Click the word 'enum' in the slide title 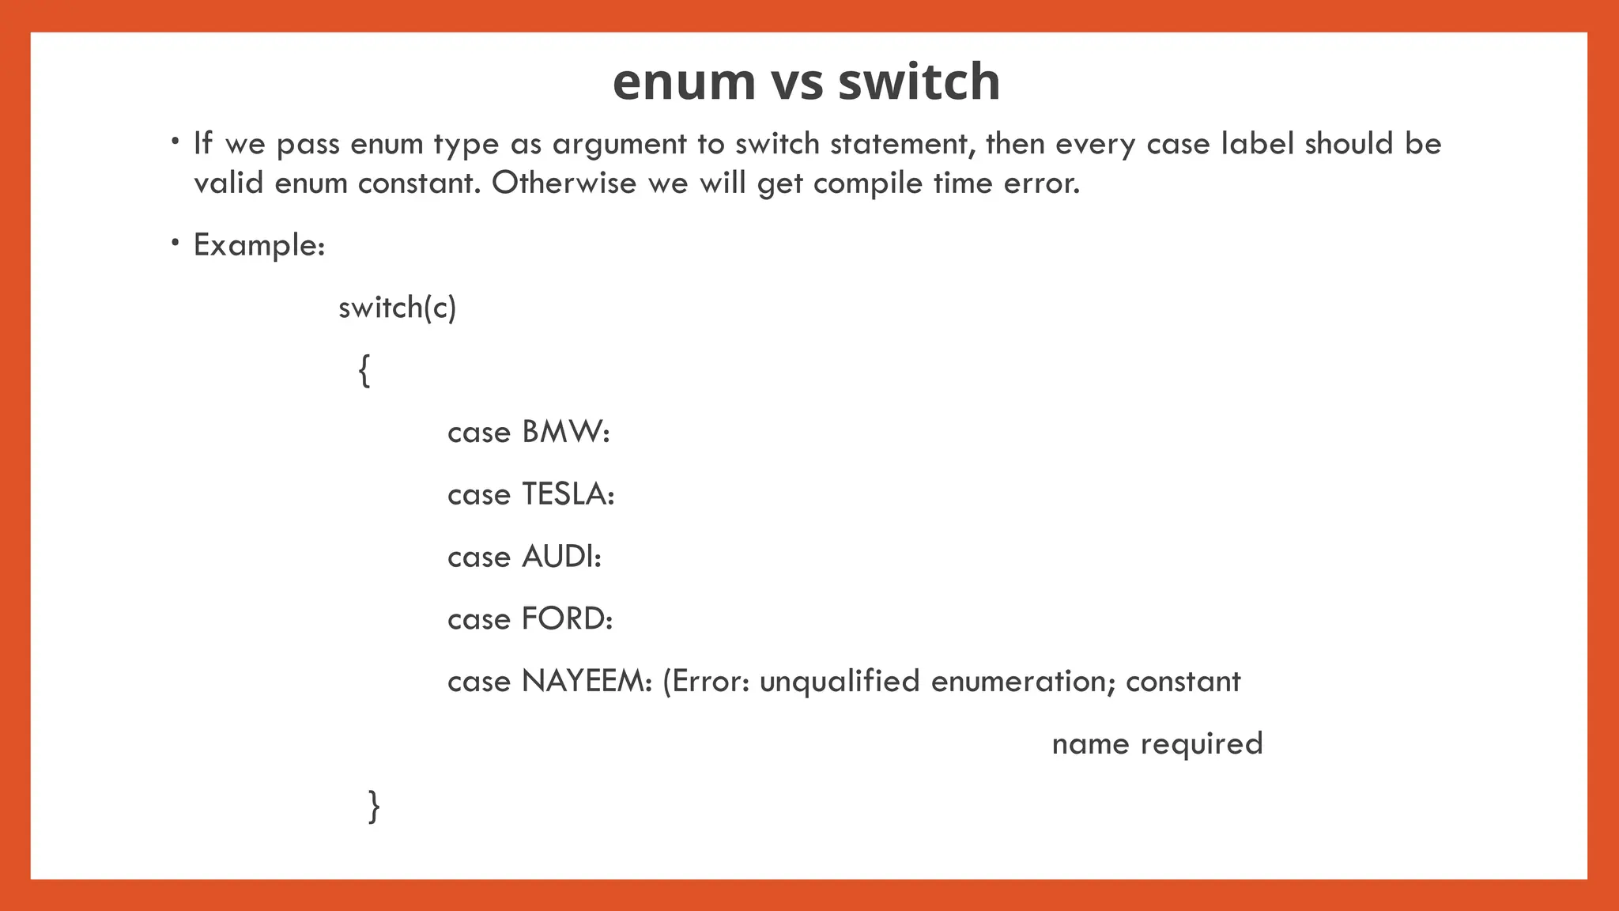684,82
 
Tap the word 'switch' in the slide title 919,82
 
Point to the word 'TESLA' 567,495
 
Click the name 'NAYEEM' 583,682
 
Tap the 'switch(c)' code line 397,308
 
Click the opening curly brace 364,370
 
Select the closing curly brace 374,807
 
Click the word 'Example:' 259,246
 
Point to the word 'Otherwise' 564,183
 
